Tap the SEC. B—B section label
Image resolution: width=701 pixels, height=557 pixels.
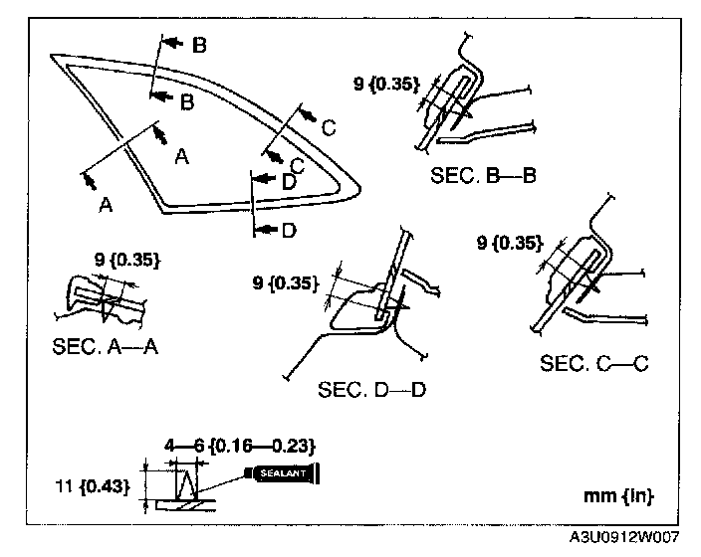click(x=484, y=176)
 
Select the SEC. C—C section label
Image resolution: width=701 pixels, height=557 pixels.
click(x=594, y=364)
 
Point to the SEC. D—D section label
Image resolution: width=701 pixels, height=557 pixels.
click(x=371, y=388)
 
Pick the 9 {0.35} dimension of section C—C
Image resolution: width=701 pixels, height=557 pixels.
click(x=509, y=242)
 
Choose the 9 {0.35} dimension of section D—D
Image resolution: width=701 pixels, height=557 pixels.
click(x=287, y=283)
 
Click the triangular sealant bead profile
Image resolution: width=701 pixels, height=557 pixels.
click(x=185, y=486)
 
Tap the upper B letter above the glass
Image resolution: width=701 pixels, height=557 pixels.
click(x=199, y=45)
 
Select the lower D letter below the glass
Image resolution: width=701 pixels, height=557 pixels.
click(x=289, y=231)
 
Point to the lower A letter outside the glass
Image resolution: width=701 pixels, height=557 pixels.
click(x=105, y=205)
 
